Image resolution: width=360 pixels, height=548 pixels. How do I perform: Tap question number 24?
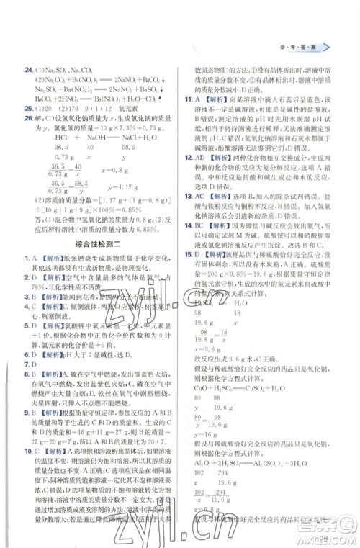(29, 70)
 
